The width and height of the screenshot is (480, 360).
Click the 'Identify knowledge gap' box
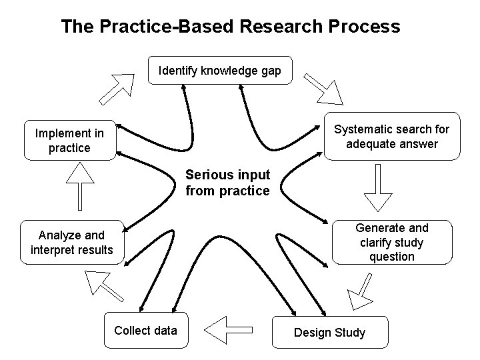click(220, 70)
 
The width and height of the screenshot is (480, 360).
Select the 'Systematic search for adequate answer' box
click(392, 136)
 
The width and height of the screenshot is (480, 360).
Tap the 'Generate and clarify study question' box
click(392, 242)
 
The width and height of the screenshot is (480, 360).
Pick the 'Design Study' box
click(330, 332)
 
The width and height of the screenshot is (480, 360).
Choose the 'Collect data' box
click(146, 330)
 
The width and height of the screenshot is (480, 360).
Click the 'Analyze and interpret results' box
click(72, 242)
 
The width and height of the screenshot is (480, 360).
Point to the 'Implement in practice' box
click(70, 140)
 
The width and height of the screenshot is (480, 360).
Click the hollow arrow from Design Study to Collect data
click(228, 330)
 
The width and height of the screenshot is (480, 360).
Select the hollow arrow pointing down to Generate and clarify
click(378, 187)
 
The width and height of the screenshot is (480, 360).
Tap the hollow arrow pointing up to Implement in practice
click(80, 186)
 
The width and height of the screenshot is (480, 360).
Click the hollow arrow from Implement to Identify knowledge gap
click(117, 89)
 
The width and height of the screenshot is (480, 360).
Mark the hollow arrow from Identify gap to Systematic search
click(324, 89)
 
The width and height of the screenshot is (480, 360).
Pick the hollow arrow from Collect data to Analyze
click(103, 286)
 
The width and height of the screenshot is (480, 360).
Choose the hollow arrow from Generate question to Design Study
click(361, 291)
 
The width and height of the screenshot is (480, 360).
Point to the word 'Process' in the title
click(364, 26)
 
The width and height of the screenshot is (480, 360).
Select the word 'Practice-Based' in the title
click(167, 26)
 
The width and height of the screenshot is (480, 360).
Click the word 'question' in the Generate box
click(392, 257)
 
